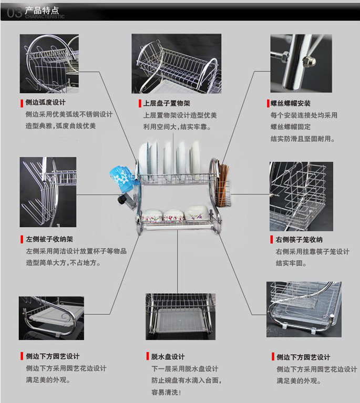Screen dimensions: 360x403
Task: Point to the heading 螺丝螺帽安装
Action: (x=291, y=104)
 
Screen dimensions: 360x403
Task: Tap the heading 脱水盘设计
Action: (x=168, y=356)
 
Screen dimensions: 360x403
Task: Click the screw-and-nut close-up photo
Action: (x=301, y=63)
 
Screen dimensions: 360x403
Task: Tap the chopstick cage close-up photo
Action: (x=301, y=196)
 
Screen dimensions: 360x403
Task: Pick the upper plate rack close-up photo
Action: (x=176, y=64)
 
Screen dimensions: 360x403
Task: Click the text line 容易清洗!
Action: (x=166, y=392)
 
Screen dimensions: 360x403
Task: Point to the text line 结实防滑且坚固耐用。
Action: (x=303, y=139)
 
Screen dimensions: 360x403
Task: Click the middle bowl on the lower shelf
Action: (x=173, y=214)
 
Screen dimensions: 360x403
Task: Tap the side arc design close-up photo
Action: (x=49, y=64)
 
